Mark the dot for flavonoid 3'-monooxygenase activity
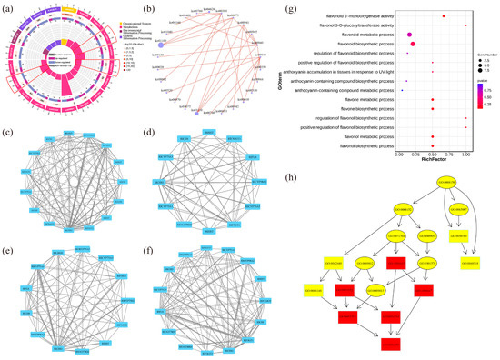coord(443,16)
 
